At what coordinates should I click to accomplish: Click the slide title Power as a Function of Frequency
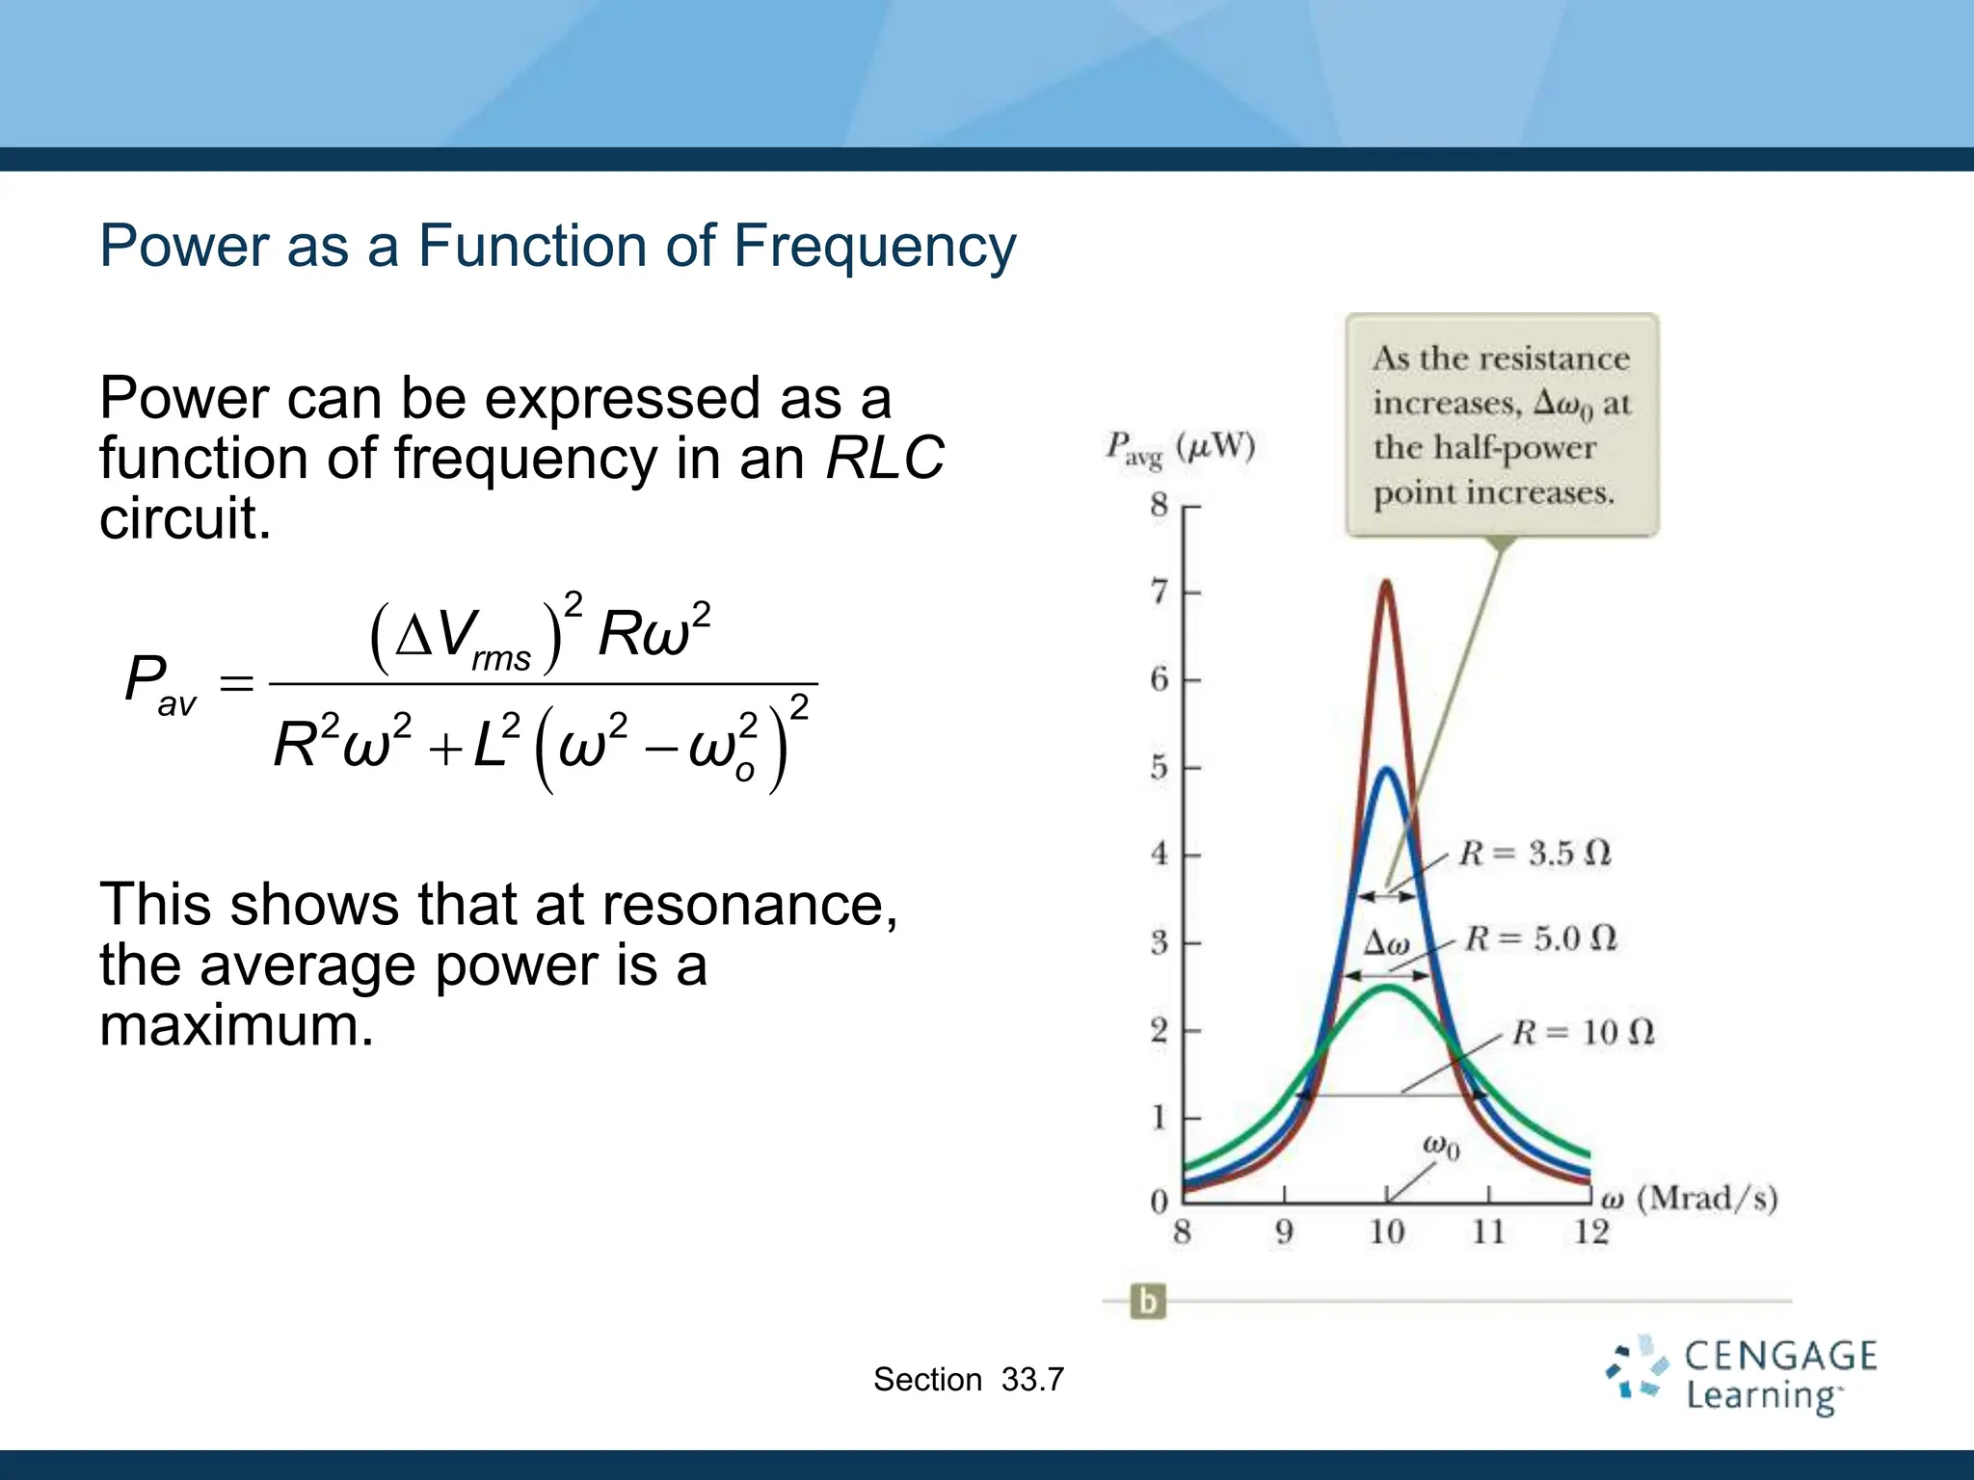point(557,246)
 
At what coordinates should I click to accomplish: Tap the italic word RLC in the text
point(885,458)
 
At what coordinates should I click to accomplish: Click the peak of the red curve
point(1386,582)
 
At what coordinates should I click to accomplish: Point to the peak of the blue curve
point(1386,769)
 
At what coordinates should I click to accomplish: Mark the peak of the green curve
point(1386,987)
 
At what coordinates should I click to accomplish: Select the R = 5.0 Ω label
point(1540,938)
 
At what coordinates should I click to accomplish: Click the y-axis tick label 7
point(1160,591)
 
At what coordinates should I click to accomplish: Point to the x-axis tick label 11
point(1488,1231)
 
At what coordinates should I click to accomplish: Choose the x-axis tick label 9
point(1284,1231)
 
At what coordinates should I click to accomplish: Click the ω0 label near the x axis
point(1441,1147)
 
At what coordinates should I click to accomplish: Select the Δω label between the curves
point(1387,942)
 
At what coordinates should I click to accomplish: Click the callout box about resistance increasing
point(1502,425)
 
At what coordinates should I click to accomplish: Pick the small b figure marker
point(1147,1302)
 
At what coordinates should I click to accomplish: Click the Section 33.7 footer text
point(968,1380)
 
